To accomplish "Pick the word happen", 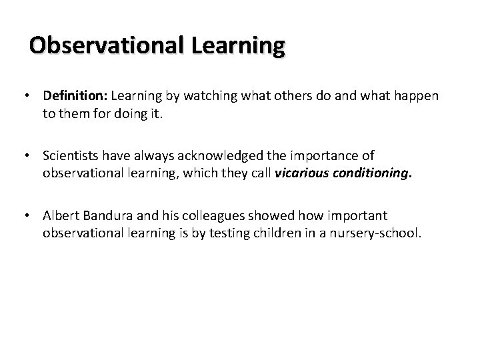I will point(418,96).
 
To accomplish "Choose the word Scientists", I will point(71,156).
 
